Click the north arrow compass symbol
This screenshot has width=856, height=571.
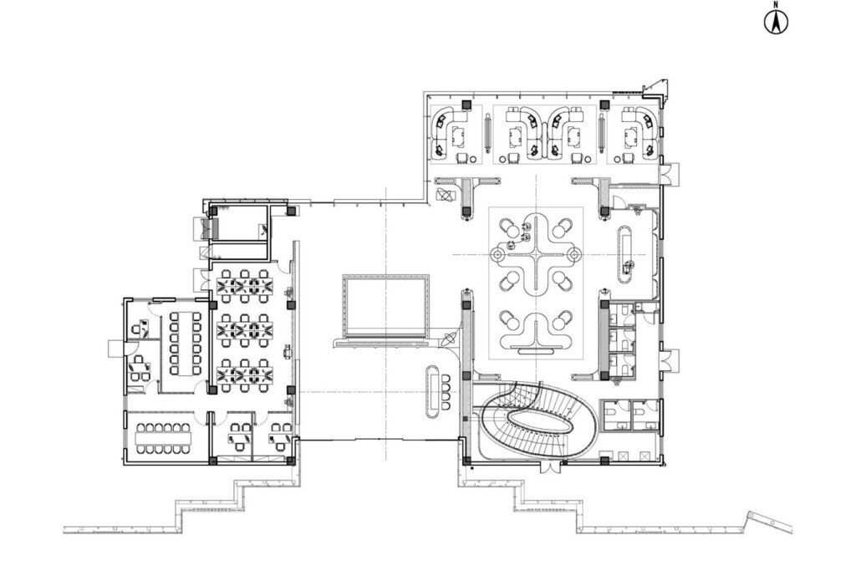point(775,20)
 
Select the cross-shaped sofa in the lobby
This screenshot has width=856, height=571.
point(537,254)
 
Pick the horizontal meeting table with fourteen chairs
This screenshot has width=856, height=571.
point(163,438)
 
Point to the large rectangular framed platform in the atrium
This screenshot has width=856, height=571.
point(385,308)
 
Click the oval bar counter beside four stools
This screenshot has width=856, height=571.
point(434,391)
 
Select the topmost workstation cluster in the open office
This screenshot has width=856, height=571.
point(245,286)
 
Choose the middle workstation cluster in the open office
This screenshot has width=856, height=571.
point(245,329)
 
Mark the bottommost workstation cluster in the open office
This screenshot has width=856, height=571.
point(245,375)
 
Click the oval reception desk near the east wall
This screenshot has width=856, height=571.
point(624,256)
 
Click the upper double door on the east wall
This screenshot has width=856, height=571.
point(669,174)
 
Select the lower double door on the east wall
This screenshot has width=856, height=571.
point(669,361)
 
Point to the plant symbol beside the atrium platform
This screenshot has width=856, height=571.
point(449,339)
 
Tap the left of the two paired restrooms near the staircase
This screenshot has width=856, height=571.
point(616,416)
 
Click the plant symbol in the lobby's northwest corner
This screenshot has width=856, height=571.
point(445,194)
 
